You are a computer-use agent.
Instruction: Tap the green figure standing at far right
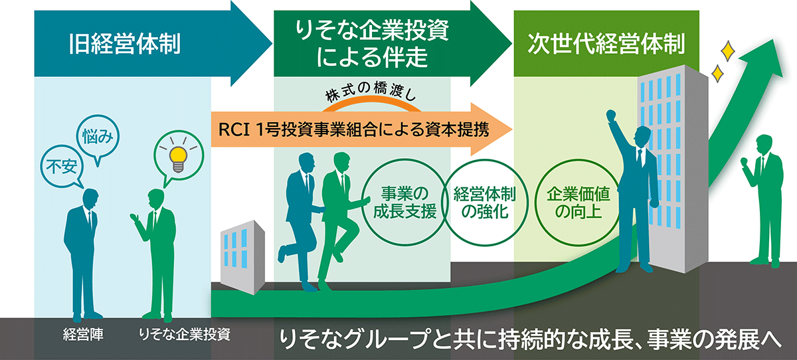pyautogui.click(x=762, y=199)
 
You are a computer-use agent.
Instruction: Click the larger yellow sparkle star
pyautogui.click(x=729, y=50)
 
